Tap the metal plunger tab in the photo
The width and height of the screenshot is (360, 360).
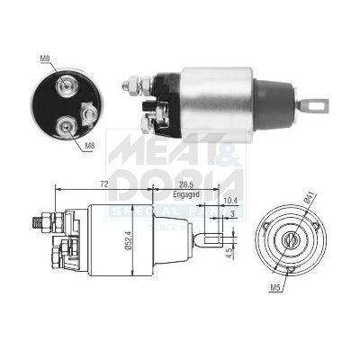click(314, 105)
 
